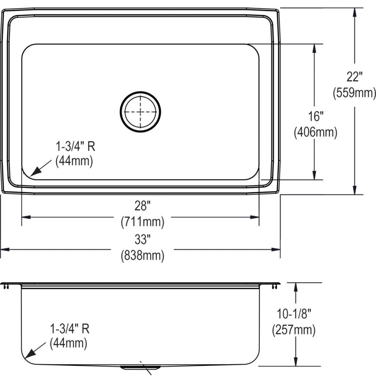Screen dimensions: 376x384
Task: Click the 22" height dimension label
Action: point(354,77)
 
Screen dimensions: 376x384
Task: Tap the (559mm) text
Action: point(354,93)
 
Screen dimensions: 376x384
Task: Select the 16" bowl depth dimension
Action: point(316,116)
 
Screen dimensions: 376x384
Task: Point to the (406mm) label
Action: point(316,132)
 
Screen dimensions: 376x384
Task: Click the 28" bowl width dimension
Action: point(142,206)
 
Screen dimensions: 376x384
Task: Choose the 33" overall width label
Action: point(142,239)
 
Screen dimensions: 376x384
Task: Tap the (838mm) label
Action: point(142,256)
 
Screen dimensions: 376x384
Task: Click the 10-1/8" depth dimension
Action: point(294,314)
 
